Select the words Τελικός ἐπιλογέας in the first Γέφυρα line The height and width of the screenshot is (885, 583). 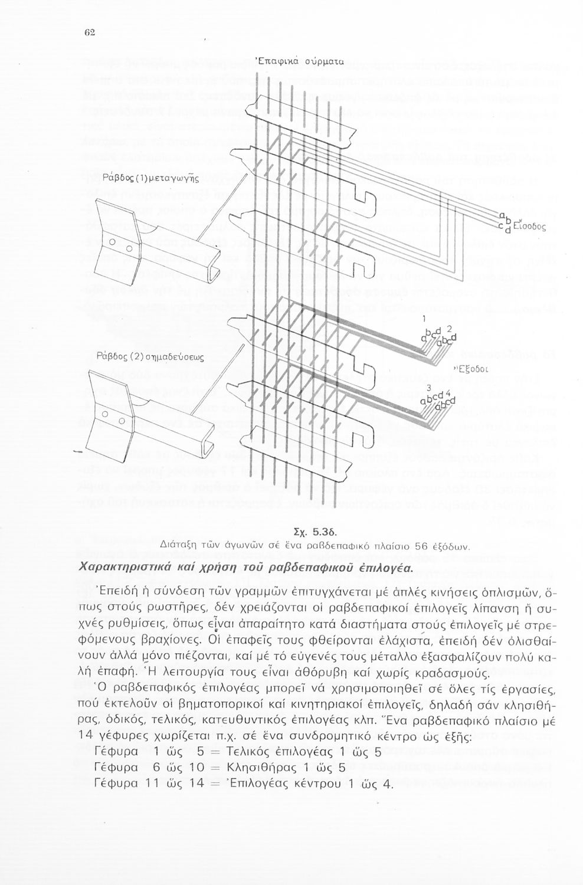[283, 752]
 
